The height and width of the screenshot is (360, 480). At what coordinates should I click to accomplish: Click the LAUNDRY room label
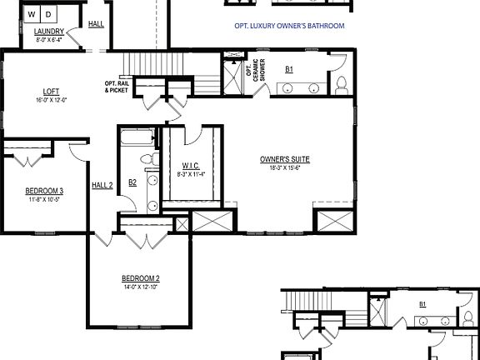tap(49, 32)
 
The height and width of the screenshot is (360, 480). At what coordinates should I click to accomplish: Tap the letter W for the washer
tap(32, 14)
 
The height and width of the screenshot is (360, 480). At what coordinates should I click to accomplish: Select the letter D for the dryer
tap(47, 14)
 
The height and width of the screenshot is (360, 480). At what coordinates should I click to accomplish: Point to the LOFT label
tap(50, 92)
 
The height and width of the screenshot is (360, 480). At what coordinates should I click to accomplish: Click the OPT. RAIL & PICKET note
tap(116, 86)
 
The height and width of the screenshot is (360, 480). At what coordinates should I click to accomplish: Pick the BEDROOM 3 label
tap(44, 191)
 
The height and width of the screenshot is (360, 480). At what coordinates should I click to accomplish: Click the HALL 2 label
tap(102, 185)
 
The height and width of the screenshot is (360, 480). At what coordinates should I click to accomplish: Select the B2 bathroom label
tap(132, 182)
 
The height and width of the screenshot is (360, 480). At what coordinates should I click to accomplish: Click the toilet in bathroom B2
tap(147, 158)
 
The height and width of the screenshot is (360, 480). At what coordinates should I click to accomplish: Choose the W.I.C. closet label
tap(189, 166)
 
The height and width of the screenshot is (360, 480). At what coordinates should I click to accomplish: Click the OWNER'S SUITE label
tap(279, 158)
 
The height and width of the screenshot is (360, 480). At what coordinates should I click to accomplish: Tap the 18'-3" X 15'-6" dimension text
tap(279, 167)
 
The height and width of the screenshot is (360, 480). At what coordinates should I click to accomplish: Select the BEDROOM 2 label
tap(140, 278)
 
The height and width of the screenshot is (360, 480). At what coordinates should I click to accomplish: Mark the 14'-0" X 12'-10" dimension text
tap(140, 287)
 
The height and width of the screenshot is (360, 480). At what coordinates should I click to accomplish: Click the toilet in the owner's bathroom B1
tap(341, 84)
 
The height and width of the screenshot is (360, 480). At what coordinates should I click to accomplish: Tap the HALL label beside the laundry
tap(96, 24)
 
